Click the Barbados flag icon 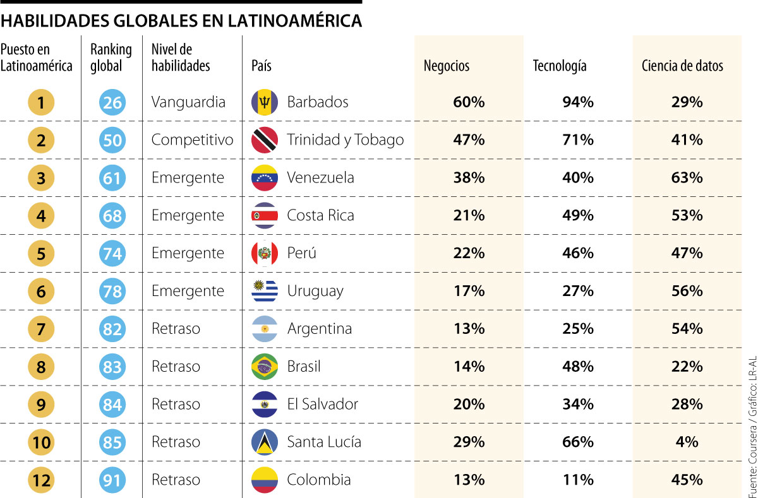coord(265,102)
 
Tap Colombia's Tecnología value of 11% coord(578,480)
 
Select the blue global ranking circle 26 coord(112,102)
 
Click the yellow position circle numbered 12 coord(41,480)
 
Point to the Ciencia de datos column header coord(682,66)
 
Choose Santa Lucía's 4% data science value coord(687,442)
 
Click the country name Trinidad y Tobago coord(345,140)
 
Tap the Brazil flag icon coord(265,367)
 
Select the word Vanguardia coord(188,102)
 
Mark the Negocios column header coord(447,66)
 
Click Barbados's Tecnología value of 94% coord(578,102)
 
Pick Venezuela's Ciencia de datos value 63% coord(687,177)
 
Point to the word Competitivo coord(192,140)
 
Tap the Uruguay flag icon coord(265,291)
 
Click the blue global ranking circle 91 coord(112,480)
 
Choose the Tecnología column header coord(560,66)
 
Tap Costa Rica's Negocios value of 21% coord(469,215)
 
